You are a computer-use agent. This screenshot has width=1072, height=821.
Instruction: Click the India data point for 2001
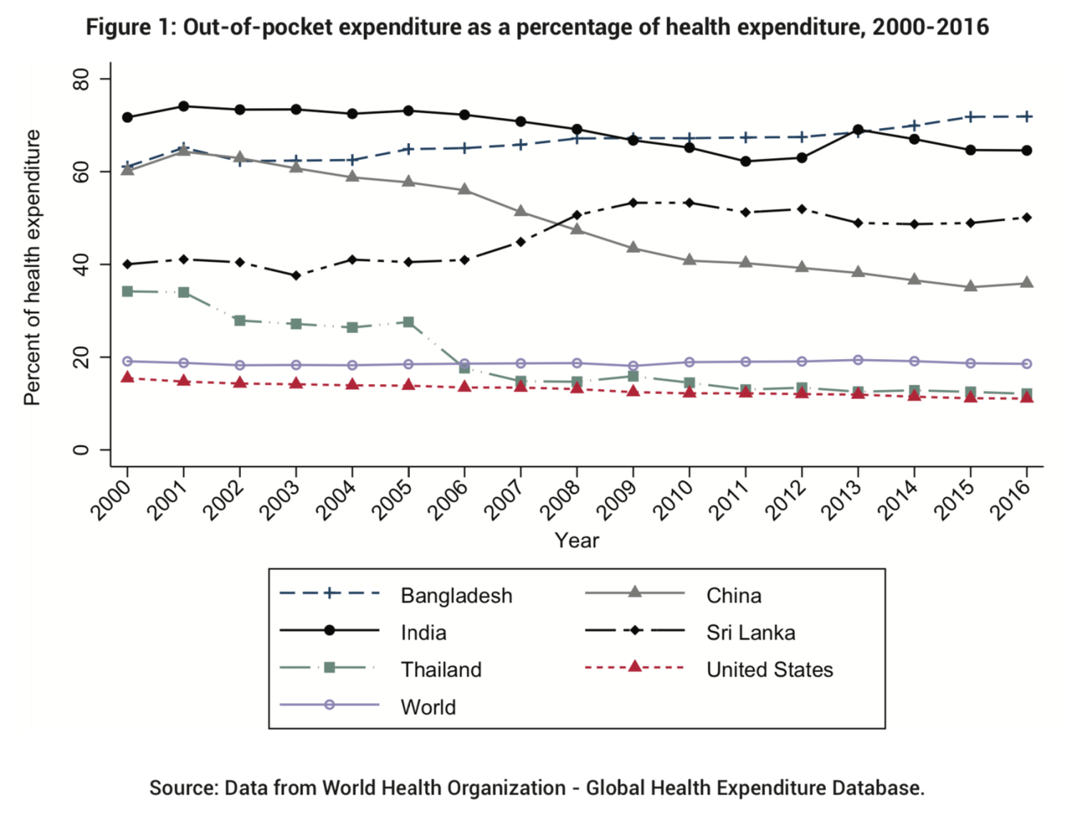tap(184, 107)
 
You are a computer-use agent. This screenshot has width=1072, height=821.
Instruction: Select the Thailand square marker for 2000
tap(128, 291)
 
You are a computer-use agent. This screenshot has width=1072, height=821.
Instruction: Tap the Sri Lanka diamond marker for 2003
tap(296, 275)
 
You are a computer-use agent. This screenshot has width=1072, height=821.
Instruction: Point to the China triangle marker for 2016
tap(1027, 283)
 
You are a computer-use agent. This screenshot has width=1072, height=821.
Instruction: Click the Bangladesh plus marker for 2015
tap(970, 117)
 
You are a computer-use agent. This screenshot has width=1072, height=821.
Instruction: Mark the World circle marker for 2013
tap(858, 360)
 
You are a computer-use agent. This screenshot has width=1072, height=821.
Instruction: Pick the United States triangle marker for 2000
tap(128, 378)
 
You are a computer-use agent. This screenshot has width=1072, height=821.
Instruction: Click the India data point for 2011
tap(746, 162)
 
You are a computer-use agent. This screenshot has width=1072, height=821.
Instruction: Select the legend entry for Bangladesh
tap(456, 596)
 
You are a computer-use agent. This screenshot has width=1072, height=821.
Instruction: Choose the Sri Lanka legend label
tap(750, 633)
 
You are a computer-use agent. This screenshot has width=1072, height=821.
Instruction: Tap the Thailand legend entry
tap(441, 670)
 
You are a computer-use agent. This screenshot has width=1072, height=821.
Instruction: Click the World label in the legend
tap(428, 707)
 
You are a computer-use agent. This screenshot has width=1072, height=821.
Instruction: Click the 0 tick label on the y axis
tap(82, 450)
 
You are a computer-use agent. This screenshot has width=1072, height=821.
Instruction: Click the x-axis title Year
tap(576, 541)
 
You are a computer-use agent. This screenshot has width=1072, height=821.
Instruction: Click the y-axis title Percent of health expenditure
tap(32, 267)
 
